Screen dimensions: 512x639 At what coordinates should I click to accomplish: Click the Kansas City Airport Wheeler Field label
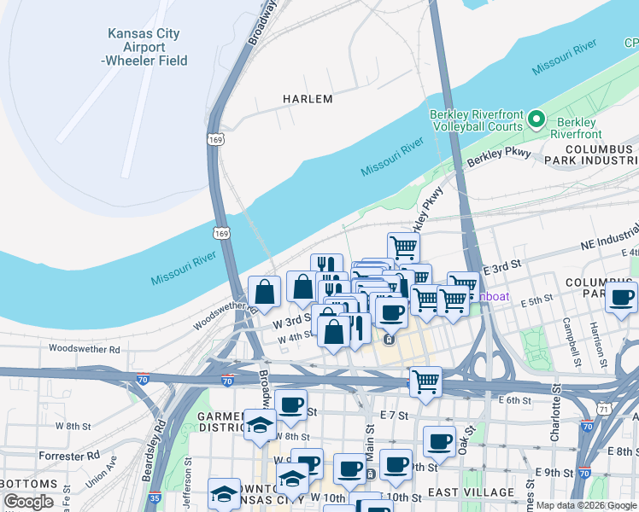(144, 47)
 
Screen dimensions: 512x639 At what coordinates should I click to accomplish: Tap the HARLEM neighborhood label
(308, 99)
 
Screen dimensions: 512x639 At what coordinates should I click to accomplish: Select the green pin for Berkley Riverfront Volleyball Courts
(536, 119)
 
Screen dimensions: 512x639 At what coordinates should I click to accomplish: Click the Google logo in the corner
(28, 502)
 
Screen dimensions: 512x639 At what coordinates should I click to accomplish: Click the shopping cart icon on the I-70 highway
(425, 381)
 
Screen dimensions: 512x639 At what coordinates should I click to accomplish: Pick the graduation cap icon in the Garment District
(260, 426)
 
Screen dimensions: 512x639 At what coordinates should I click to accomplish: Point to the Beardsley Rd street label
(160, 433)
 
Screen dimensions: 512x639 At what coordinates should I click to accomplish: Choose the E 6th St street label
(514, 399)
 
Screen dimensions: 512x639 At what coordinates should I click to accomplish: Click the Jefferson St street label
(187, 492)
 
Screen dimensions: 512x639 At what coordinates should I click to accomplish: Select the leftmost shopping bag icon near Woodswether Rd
(265, 291)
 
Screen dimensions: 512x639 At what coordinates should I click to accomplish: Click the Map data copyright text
(586, 505)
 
